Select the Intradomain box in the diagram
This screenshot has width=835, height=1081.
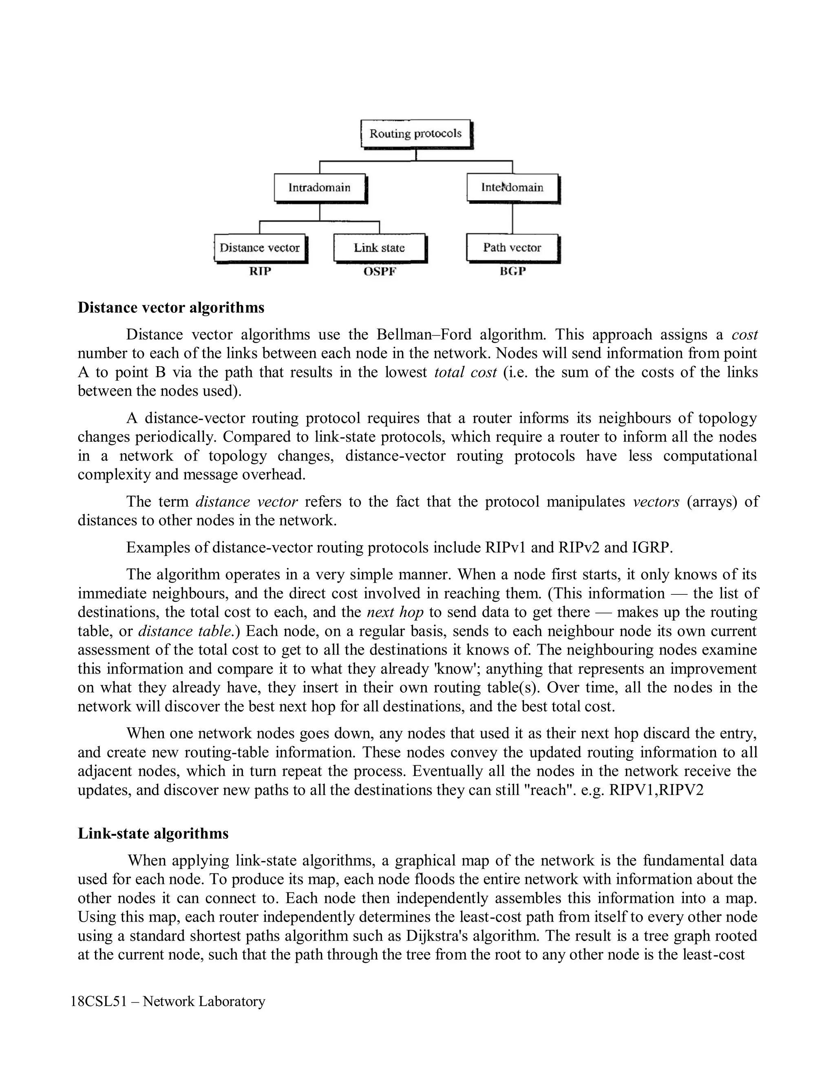320,188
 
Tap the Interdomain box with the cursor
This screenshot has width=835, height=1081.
512,188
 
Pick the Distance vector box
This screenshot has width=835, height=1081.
260,248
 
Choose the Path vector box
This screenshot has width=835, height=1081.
512,248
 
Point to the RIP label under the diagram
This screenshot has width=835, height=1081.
260,271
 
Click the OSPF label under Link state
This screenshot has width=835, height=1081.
380,271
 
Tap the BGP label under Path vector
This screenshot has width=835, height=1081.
512,271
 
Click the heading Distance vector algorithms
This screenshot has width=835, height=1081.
171,308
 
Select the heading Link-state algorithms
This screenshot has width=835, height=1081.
153,833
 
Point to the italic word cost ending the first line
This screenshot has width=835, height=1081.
744,334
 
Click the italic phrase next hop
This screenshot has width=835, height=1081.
395,612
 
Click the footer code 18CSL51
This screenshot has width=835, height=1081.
99,1002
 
